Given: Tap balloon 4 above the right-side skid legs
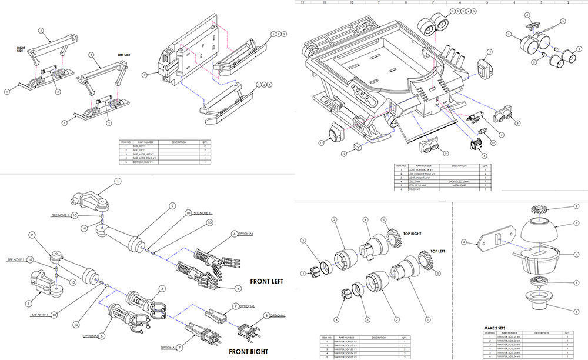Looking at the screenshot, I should point(41,30).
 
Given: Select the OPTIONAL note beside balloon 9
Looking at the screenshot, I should point(247,306).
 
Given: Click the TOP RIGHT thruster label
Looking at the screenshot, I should point(409,234).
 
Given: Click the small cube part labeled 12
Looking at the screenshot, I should point(358,145).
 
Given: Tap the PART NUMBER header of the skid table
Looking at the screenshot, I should point(145,142).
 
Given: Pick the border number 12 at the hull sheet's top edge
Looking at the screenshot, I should point(302,2).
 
